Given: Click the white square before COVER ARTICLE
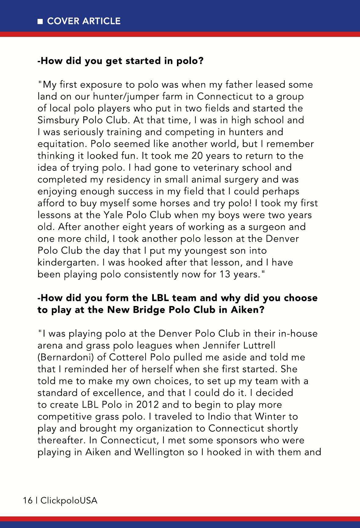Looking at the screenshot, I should (x=40, y=21).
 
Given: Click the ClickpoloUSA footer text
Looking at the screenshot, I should (x=69, y=501).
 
